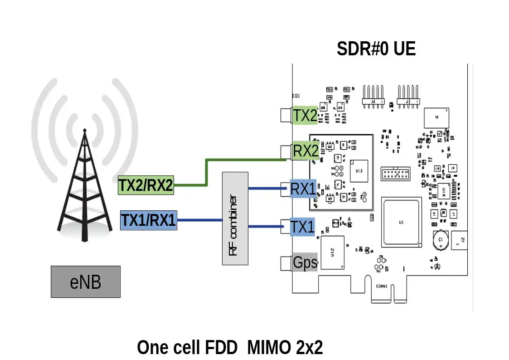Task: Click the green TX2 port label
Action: pos(305,116)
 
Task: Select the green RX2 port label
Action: pos(305,151)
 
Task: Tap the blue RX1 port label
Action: pos(303,189)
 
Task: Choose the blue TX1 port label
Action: pos(303,227)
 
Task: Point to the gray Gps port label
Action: pos(305,262)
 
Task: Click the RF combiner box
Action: pos(235,219)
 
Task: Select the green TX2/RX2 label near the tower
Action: pos(145,185)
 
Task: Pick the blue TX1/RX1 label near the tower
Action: pos(148,220)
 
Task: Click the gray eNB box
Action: pos(85,282)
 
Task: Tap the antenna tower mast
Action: pos(84,181)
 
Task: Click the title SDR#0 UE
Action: pos(376,49)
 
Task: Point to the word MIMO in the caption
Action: pos(269,348)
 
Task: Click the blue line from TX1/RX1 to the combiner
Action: pos(199,220)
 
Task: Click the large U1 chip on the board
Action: pos(401,222)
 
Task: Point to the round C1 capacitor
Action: pos(440,240)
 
